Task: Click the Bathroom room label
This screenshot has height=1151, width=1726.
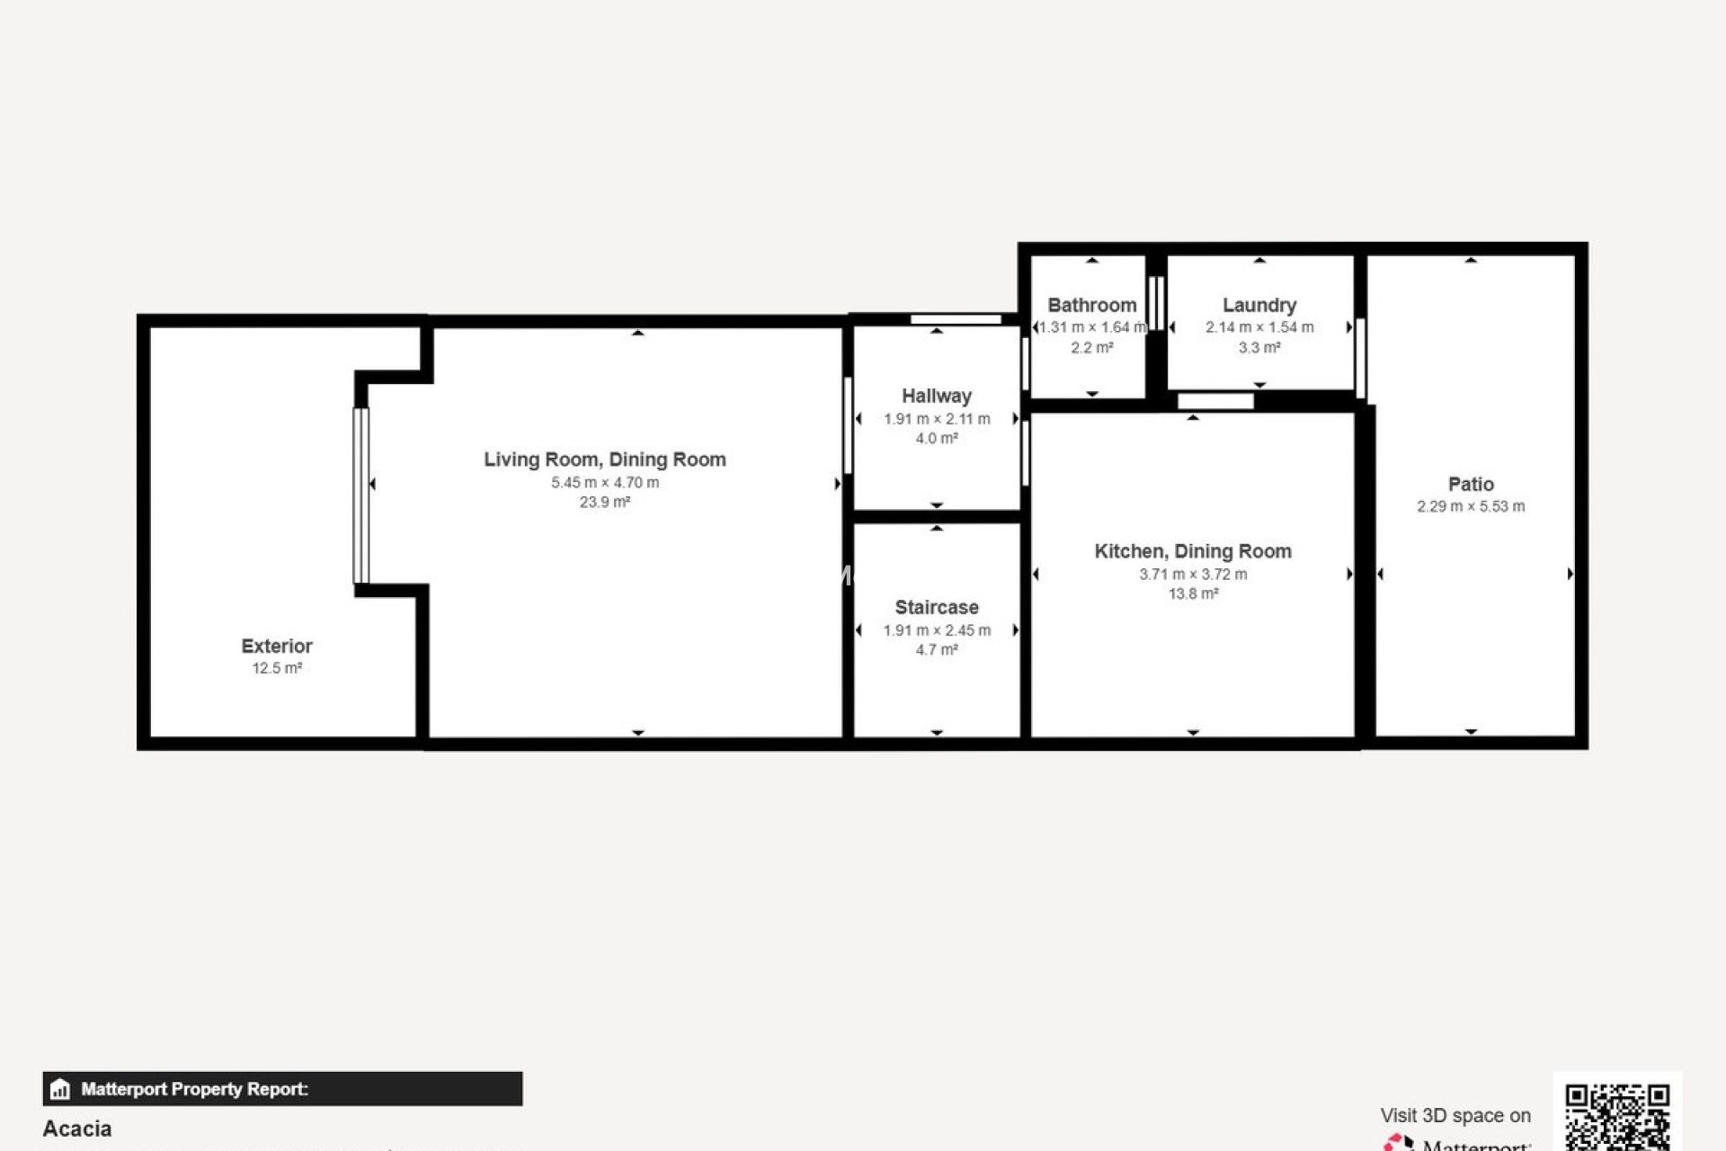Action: coord(1091,305)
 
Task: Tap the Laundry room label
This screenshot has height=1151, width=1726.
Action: coord(1259,305)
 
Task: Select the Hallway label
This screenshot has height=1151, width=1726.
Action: coord(936,396)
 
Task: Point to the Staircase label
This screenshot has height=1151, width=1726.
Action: coord(936,607)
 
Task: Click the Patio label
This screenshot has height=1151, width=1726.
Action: coord(1471,484)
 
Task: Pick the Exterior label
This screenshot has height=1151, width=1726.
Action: coord(276,646)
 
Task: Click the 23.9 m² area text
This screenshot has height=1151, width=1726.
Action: coord(604,503)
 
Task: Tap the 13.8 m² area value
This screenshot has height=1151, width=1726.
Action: coord(1192,594)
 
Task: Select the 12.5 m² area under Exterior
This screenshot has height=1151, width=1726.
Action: coord(276,669)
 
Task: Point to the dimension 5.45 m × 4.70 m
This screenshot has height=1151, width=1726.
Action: coord(604,483)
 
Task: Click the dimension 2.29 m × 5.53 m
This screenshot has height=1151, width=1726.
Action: coord(1471,506)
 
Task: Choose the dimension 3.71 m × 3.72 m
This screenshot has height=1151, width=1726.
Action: coord(1192,575)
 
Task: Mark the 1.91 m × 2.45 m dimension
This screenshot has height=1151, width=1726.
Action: coord(936,630)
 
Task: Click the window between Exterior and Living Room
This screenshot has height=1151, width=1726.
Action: coord(360,495)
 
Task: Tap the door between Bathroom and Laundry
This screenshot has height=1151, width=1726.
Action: coord(1156,303)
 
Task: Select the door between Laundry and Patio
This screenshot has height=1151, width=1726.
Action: coord(1360,358)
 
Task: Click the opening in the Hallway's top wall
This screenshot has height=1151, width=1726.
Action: coord(955,319)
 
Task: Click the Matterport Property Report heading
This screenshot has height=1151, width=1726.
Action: coord(194,1089)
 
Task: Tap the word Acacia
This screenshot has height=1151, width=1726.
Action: coord(77,1129)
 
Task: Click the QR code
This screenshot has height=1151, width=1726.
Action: coord(1616,1115)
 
